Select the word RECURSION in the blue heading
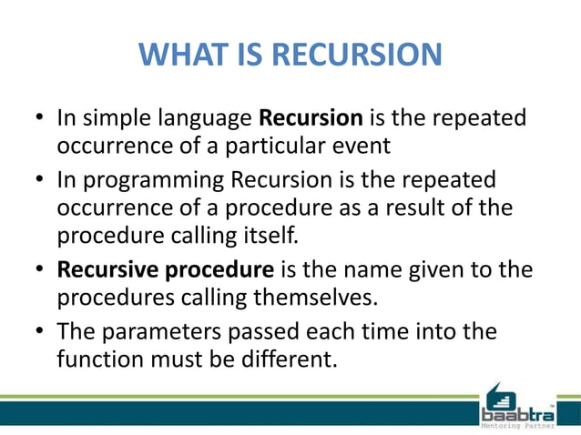[x=357, y=56]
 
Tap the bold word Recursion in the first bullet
[x=311, y=118]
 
